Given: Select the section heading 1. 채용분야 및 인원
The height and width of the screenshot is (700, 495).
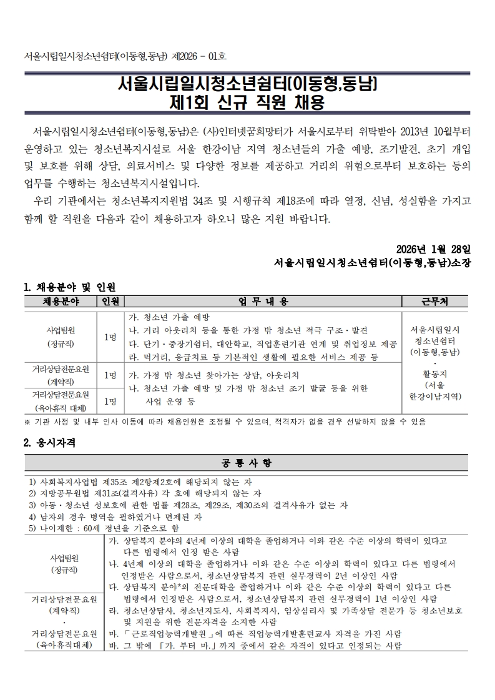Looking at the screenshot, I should (69, 287).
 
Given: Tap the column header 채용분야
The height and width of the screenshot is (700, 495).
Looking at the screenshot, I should (59, 302).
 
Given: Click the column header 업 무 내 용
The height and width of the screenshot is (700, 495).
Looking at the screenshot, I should (263, 302).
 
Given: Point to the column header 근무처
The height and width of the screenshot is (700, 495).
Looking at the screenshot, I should (434, 302).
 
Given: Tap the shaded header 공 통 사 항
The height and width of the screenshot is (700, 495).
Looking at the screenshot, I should (247, 463).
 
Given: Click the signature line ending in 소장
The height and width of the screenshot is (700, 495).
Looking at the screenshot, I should (373, 263).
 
